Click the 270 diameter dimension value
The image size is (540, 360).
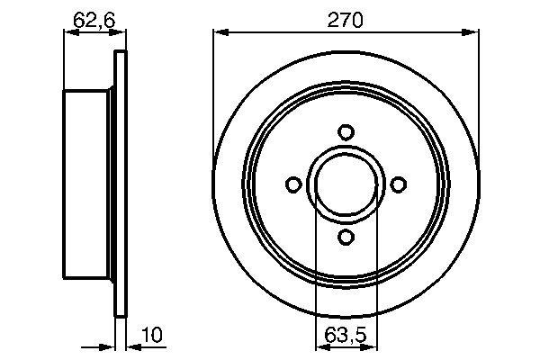345,20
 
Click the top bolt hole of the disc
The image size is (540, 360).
345,132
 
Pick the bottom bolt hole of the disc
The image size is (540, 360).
345,237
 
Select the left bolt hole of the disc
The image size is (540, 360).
292,184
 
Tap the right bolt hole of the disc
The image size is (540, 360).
397,184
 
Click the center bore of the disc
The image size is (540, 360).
345,184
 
